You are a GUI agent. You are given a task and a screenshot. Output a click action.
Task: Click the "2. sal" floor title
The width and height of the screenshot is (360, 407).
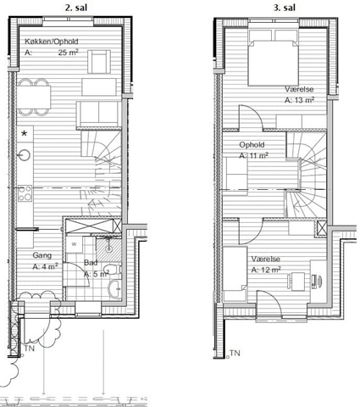(76, 8)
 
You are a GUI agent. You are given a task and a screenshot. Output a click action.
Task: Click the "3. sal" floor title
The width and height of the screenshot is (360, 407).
(285, 8)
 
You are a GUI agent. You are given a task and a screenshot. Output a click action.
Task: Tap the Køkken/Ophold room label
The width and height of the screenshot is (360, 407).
(52, 42)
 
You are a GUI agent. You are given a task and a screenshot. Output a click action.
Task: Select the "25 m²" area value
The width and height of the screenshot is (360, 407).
(69, 53)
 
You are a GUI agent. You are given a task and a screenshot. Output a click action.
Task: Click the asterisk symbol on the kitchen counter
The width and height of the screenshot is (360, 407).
(25, 133)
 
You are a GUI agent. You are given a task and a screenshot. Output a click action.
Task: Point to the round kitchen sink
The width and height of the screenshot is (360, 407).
(25, 154)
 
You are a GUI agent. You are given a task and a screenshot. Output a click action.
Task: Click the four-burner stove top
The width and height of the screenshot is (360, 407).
(25, 193)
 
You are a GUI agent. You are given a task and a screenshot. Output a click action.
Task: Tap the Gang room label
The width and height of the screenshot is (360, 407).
(42, 255)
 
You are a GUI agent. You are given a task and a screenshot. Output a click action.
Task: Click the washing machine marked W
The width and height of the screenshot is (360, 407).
(74, 245)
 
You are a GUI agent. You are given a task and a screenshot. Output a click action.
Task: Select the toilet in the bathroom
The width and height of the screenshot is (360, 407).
(113, 270)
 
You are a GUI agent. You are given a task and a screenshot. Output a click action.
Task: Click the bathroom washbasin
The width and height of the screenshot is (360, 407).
(114, 288)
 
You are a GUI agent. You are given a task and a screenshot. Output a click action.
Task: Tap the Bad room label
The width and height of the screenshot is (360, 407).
(91, 263)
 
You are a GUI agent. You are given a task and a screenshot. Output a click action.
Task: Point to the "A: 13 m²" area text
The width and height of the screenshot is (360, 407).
(300, 100)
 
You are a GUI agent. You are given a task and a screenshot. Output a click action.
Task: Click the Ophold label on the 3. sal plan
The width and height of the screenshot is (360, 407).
(252, 145)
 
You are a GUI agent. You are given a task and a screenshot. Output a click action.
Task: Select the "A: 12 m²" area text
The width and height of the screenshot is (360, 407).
(266, 270)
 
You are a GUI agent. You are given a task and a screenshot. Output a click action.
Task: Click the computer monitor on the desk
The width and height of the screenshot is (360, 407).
(319, 281)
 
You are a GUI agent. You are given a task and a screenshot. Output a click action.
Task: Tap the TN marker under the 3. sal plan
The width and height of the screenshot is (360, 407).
(235, 354)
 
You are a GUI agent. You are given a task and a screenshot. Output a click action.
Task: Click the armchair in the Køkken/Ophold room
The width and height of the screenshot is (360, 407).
(99, 62)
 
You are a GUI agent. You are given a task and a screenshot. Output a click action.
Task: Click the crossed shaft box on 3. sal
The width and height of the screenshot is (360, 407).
(321, 228)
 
